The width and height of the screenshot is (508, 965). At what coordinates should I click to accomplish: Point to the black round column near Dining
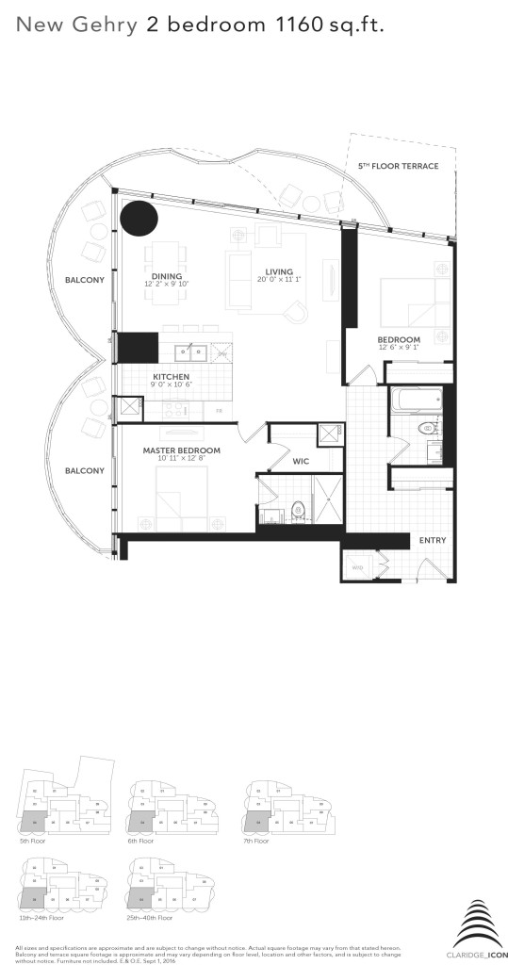coord(139,220)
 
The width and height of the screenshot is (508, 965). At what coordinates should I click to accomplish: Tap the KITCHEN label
coord(172,375)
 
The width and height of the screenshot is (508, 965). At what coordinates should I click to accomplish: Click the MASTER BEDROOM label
coord(182,450)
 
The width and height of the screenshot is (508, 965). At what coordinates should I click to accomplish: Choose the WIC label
coord(302,462)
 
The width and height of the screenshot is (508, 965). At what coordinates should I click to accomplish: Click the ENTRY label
coord(433,540)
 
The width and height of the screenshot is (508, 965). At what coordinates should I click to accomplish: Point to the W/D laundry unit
coord(357,568)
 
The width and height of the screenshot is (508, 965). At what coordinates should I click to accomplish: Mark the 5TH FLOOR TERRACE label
coord(398,166)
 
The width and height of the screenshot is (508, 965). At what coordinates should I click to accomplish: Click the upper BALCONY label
coord(85,280)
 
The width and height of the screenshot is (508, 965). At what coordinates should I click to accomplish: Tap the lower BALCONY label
coord(85,470)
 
